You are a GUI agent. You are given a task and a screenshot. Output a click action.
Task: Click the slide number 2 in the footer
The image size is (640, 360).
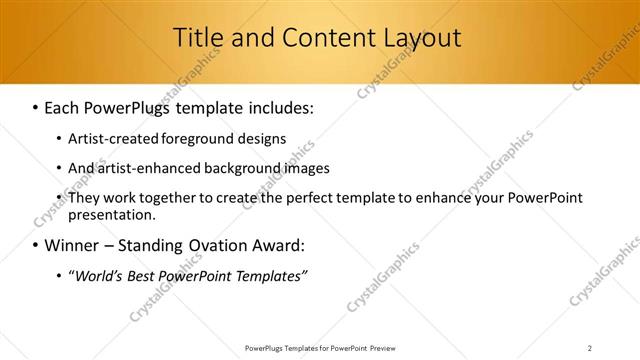coord(589,348)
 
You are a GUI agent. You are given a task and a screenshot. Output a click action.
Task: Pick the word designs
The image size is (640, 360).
coord(261,139)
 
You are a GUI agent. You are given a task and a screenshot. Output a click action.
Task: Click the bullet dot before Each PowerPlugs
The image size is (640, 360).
coord(35,107)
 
